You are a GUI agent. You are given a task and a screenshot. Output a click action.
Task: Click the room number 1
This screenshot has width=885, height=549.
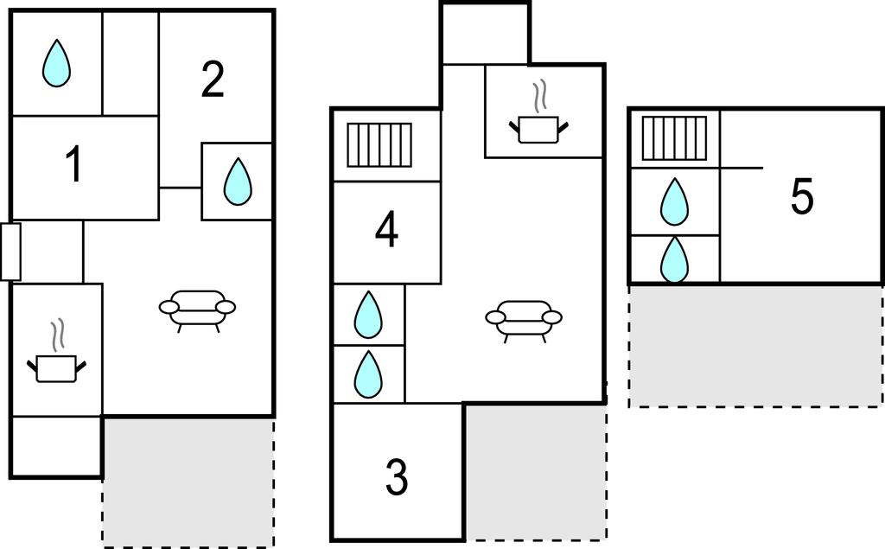click(75, 165)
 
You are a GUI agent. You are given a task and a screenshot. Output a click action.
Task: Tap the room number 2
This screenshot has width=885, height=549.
click(213, 80)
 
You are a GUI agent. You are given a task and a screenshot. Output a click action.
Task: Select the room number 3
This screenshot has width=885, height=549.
click(396, 478)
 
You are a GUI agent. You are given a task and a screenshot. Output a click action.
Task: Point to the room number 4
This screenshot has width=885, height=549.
click(386, 231)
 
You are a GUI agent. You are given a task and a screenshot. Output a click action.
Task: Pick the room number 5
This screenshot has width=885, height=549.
click(802, 198)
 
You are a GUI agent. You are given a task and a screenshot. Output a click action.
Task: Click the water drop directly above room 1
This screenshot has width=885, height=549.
click(56, 64)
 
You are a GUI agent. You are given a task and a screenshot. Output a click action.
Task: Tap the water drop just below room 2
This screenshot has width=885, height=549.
click(237, 182)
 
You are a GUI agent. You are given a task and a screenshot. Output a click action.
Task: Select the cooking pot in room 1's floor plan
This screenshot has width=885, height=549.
click(57, 361)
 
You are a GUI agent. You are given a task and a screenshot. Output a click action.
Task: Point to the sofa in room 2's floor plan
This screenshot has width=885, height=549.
click(198, 309)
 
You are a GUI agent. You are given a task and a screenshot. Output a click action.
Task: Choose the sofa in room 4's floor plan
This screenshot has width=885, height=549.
click(524, 319)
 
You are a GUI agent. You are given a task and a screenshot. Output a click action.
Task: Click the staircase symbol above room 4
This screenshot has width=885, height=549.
click(379, 145)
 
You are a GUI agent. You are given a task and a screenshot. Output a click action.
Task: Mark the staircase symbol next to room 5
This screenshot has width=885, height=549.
click(675, 137)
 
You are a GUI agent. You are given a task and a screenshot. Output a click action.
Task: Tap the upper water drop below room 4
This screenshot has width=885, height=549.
click(369, 315)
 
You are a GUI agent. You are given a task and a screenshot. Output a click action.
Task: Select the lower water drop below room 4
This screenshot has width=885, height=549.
click(369, 373)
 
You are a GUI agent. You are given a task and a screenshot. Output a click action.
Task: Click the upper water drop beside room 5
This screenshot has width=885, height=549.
click(674, 201)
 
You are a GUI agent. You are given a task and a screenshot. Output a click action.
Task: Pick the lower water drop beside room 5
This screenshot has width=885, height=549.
click(674, 259)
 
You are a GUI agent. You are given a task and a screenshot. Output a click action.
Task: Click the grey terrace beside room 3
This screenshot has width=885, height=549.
click(536, 471)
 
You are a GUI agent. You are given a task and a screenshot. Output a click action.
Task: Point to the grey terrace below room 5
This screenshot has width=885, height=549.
click(755, 346)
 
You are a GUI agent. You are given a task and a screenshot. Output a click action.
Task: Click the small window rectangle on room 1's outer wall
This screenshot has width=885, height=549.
click(10, 252)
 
